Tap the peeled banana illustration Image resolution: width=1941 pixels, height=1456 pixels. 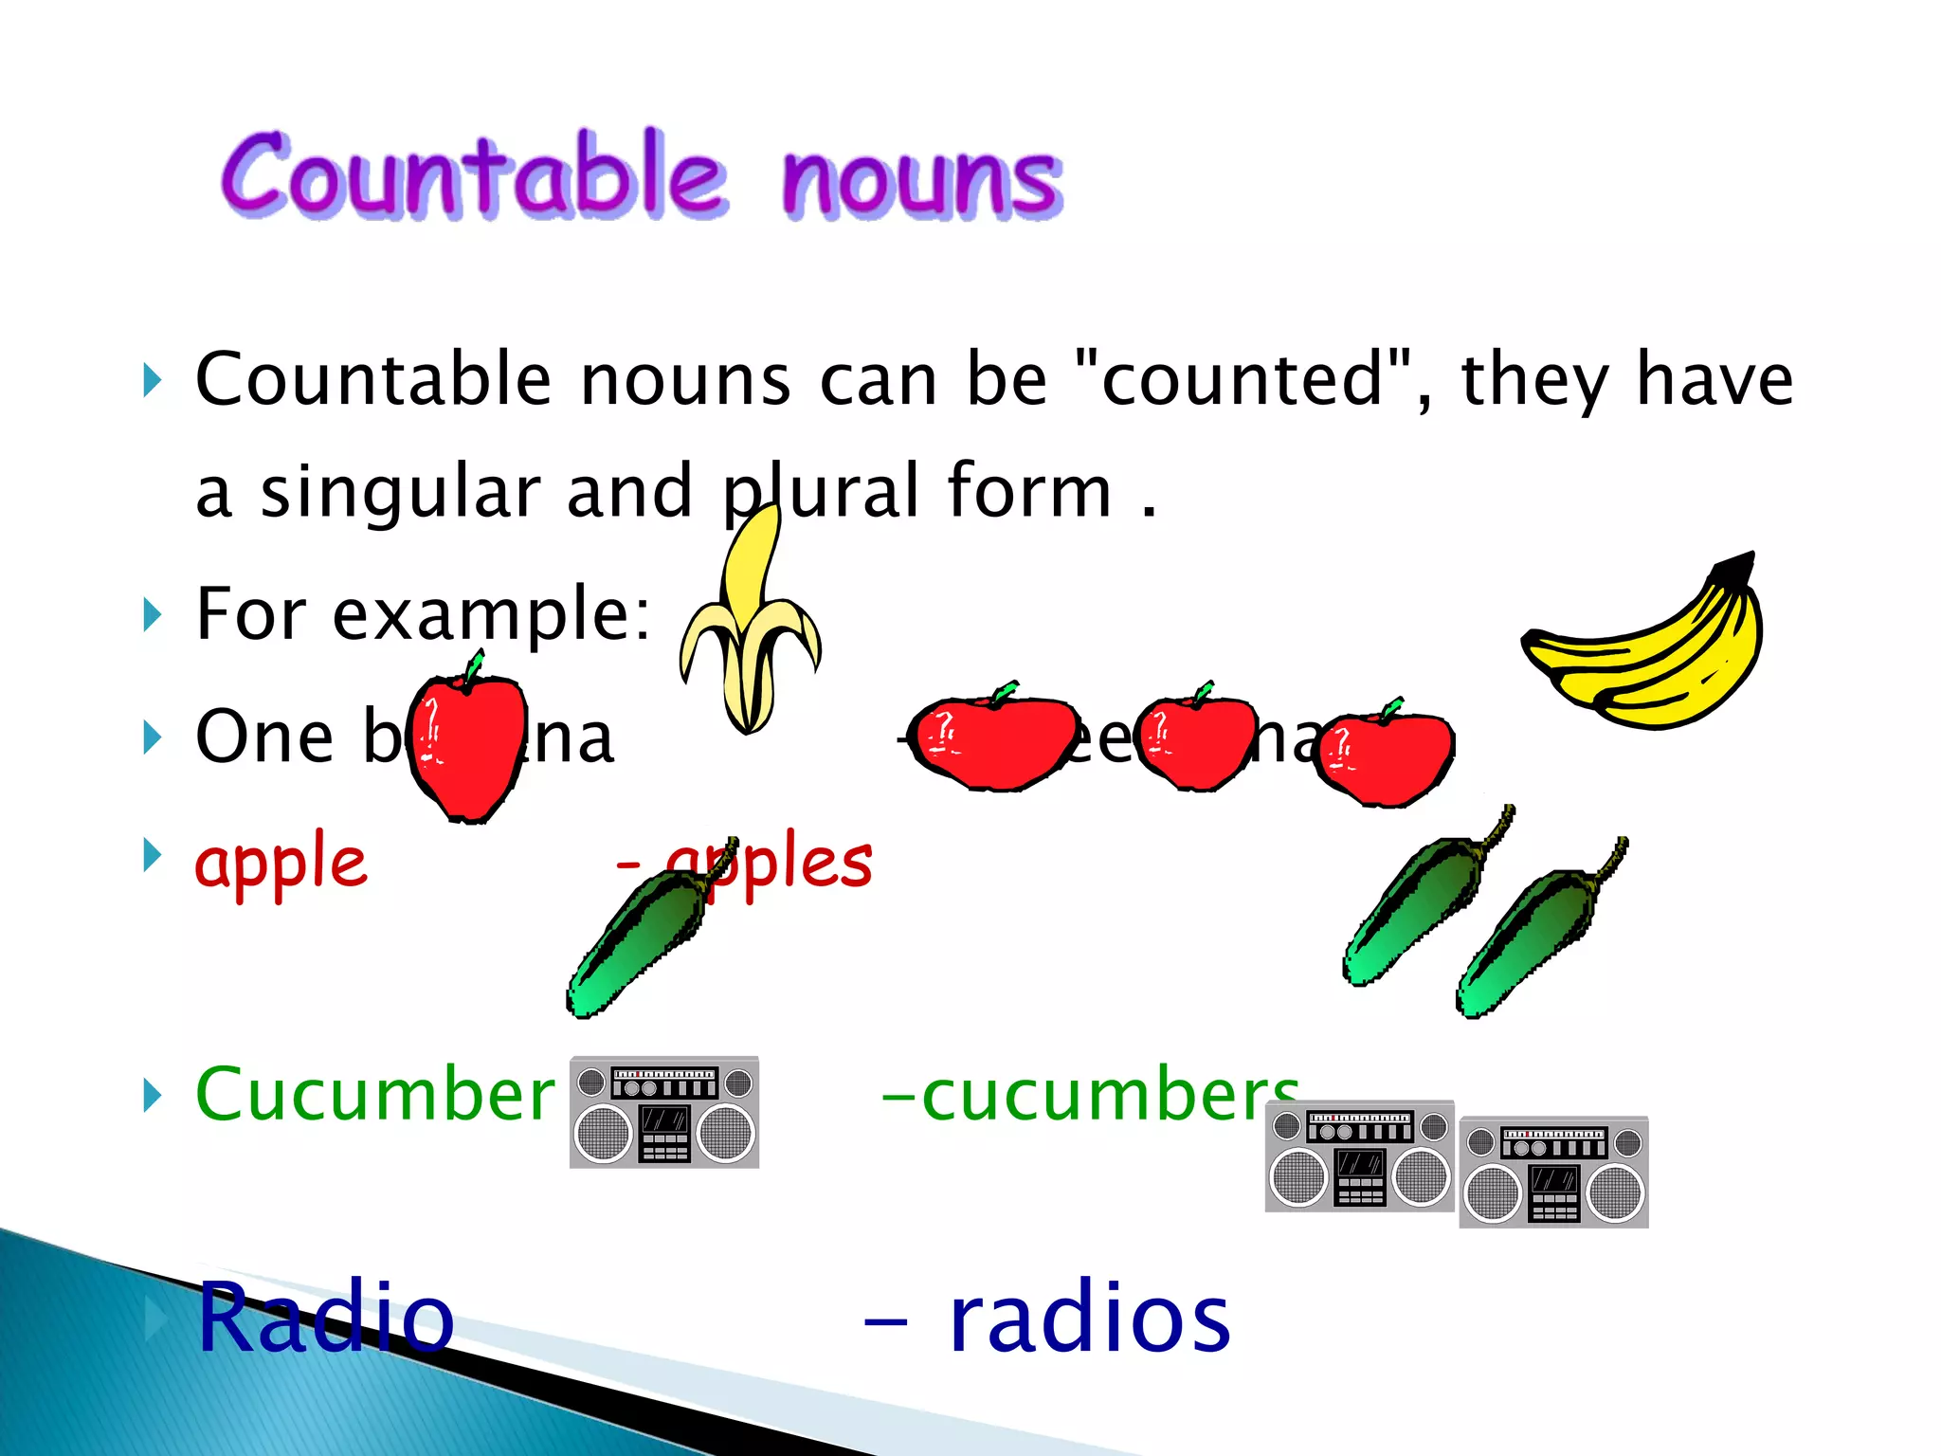click(749, 626)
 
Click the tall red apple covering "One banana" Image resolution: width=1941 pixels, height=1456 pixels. click(466, 744)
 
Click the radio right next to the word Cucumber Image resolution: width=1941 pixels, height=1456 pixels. click(663, 1112)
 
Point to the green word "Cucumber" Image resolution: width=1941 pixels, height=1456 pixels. click(374, 1095)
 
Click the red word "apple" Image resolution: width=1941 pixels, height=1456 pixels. click(281, 863)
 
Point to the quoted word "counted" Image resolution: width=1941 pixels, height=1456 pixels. click(1242, 379)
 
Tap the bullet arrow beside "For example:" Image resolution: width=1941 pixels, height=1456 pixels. click(152, 614)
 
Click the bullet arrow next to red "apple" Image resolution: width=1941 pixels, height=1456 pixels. click(152, 855)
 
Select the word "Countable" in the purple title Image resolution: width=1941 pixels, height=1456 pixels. click(474, 175)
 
